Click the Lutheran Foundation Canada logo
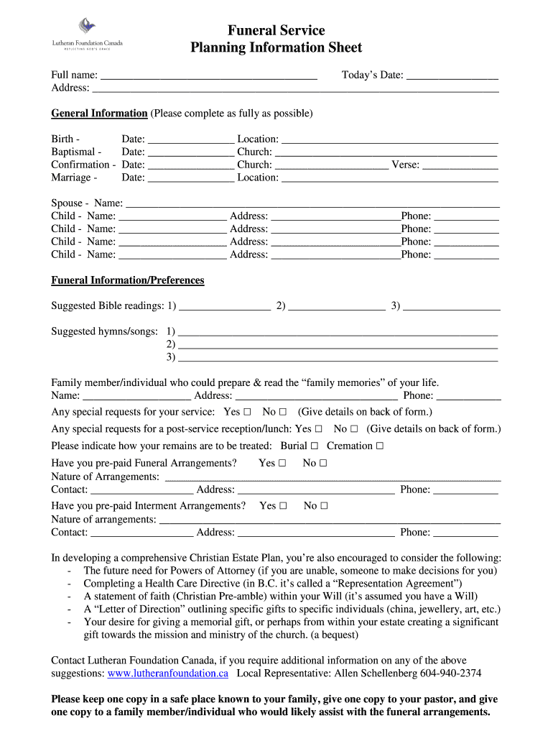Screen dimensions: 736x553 click(x=87, y=34)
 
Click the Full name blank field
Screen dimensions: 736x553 click(x=208, y=75)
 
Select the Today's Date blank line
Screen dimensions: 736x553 click(x=452, y=75)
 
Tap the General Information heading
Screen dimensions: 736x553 click(x=99, y=114)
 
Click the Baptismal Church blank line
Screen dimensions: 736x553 click(x=386, y=152)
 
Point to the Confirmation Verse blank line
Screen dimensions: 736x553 click(x=460, y=165)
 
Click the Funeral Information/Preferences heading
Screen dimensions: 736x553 click(x=128, y=280)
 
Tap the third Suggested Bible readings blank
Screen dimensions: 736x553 click(x=452, y=307)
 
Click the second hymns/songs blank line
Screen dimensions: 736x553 click(x=338, y=345)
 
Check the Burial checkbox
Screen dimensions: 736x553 click(x=315, y=446)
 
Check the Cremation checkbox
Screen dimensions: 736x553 click(x=379, y=446)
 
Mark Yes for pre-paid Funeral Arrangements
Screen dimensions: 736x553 click(x=282, y=464)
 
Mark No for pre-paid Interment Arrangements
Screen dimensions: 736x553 click(x=324, y=506)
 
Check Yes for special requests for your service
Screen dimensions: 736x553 click(x=247, y=413)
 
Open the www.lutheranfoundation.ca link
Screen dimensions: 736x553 click(x=168, y=673)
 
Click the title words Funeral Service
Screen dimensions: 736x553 click(x=276, y=30)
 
